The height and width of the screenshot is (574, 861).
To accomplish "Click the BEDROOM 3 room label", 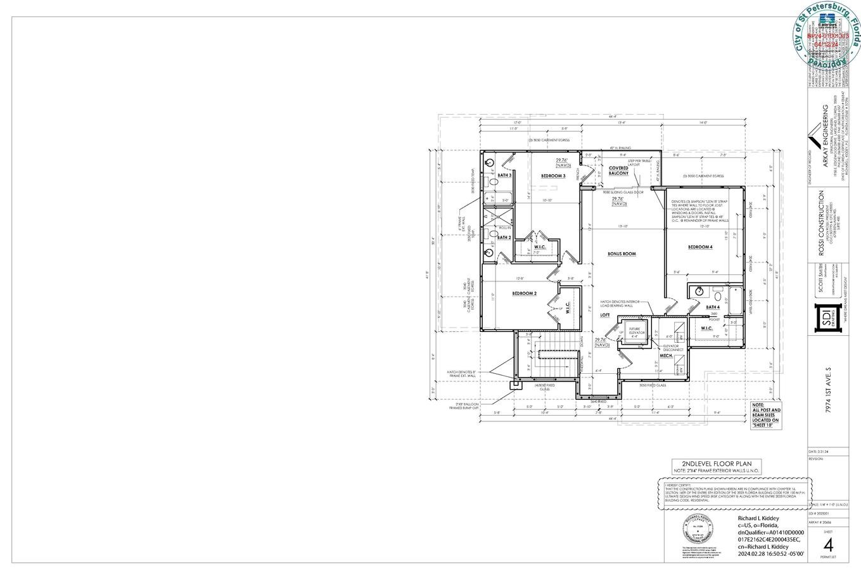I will pos(553,175).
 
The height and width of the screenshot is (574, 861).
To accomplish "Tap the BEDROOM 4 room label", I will pos(700,246).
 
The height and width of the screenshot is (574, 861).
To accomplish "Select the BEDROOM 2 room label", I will pos(524,293).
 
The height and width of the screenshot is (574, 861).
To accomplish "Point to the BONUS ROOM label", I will pos(622,254).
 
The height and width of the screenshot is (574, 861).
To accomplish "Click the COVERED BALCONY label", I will pos(618,170).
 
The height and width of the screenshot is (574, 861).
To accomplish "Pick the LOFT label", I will pos(605,315).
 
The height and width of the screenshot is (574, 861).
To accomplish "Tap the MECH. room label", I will pos(666,355).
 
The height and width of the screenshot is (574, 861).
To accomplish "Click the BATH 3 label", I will pos(504,175).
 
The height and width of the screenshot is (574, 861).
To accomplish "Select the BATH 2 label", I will pos(504,238).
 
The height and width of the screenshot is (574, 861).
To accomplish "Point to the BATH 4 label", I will pos(712,307).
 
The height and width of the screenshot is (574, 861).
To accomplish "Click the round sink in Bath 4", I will pos(699,291).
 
